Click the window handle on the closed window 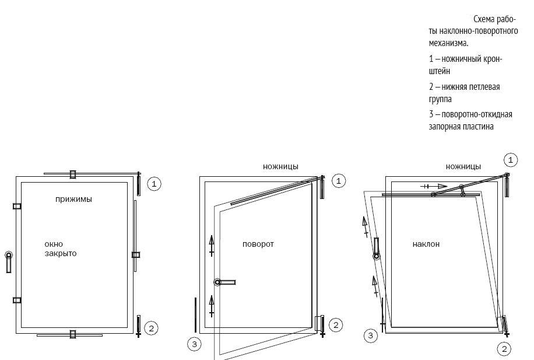9,262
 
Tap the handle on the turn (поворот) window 225,282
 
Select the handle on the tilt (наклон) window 377,249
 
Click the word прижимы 73,199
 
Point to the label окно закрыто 61,249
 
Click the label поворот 258,244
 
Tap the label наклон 426,244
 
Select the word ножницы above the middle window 280,167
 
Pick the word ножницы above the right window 463,167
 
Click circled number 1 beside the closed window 154,184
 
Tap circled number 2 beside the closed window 152,328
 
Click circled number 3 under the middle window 195,344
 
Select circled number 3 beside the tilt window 371,336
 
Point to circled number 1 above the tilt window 510,160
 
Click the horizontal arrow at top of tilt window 434,186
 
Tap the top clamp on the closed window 72,174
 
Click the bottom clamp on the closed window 72,334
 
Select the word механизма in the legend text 448,43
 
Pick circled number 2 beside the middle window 336,325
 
